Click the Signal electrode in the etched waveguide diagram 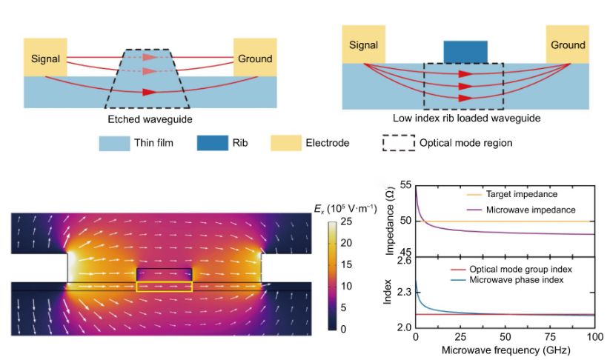click(44, 58)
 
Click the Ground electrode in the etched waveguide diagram click(255, 58)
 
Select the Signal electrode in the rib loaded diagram click(363, 44)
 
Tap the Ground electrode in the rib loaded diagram click(568, 44)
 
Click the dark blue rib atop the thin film click(465, 52)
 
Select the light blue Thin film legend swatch click(118, 143)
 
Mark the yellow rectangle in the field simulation click(165, 286)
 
